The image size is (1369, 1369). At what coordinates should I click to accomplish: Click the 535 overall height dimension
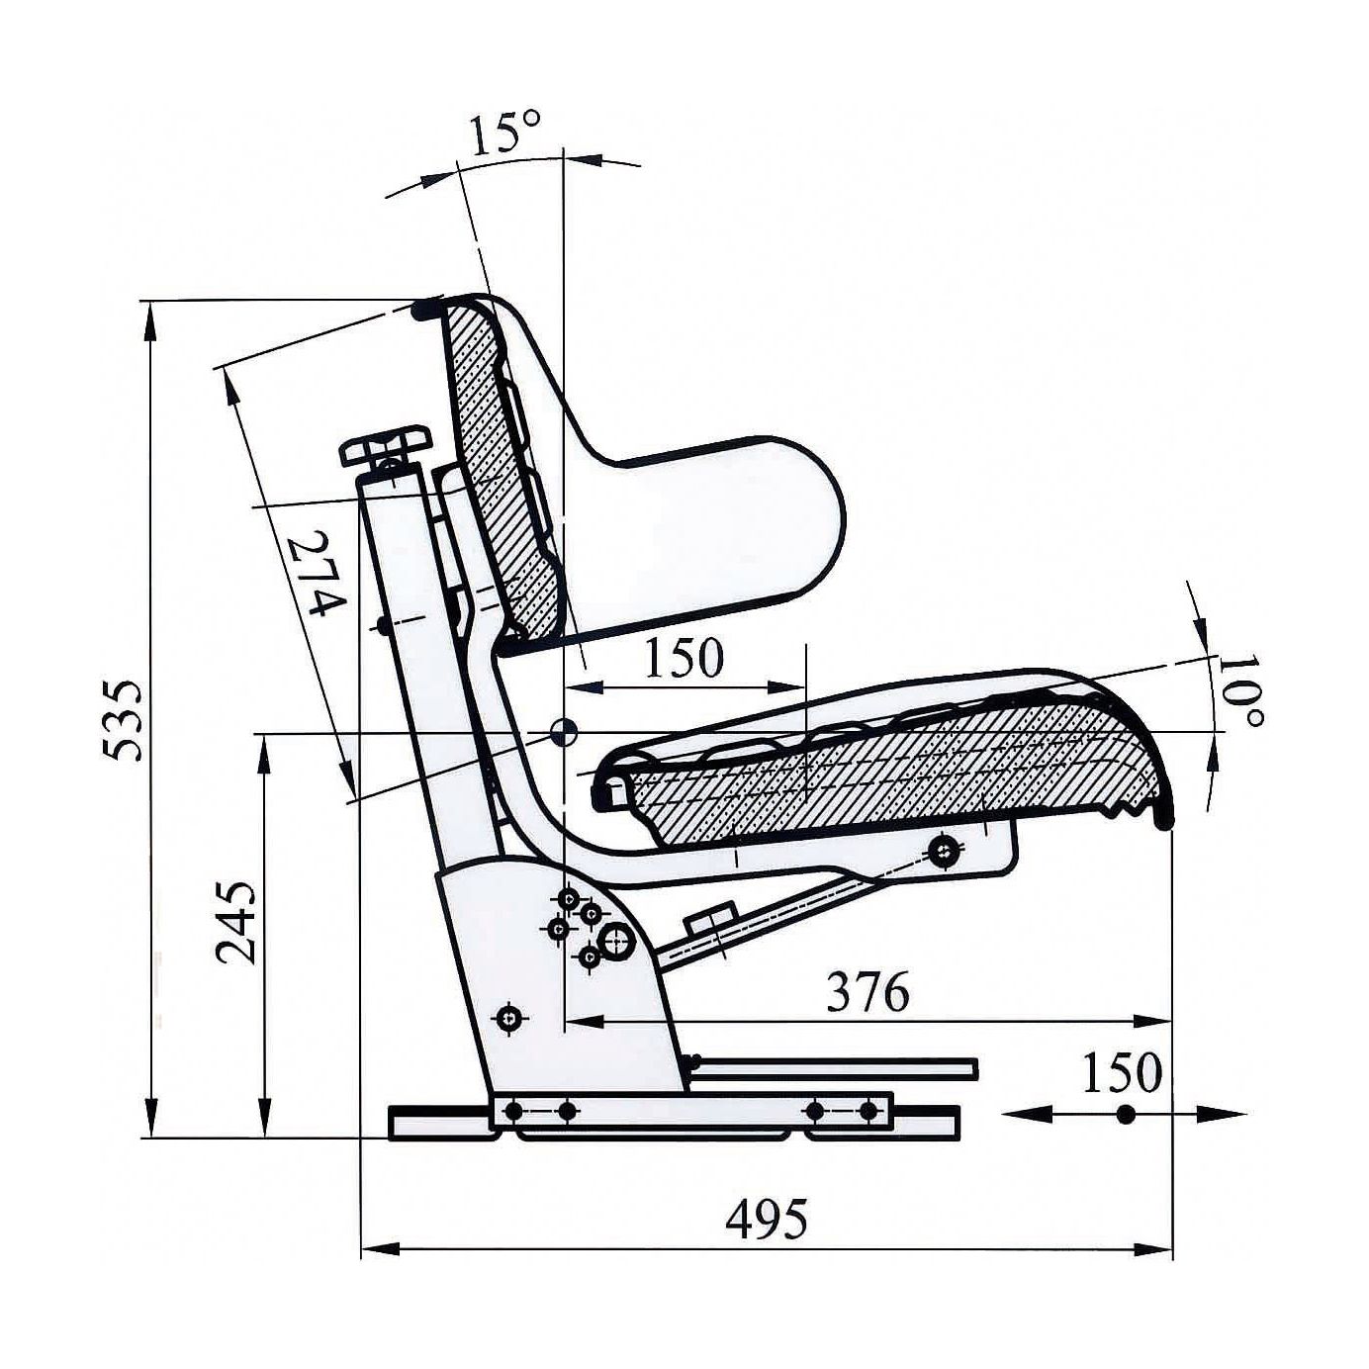pyautogui.click(x=123, y=720)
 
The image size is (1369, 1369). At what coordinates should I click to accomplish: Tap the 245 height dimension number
pyautogui.click(x=235, y=923)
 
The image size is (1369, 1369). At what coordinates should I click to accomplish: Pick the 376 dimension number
pyautogui.click(x=868, y=992)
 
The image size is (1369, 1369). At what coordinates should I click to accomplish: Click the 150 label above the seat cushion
pyautogui.click(x=684, y=657)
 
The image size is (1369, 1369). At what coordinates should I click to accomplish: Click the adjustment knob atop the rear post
pyautogui.click(x=387, y=446)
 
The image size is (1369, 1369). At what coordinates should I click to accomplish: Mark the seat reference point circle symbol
pyautogui.click(x=564, y=732)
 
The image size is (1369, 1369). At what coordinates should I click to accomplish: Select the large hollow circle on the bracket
pyautogui.click(x=616, y=943)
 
